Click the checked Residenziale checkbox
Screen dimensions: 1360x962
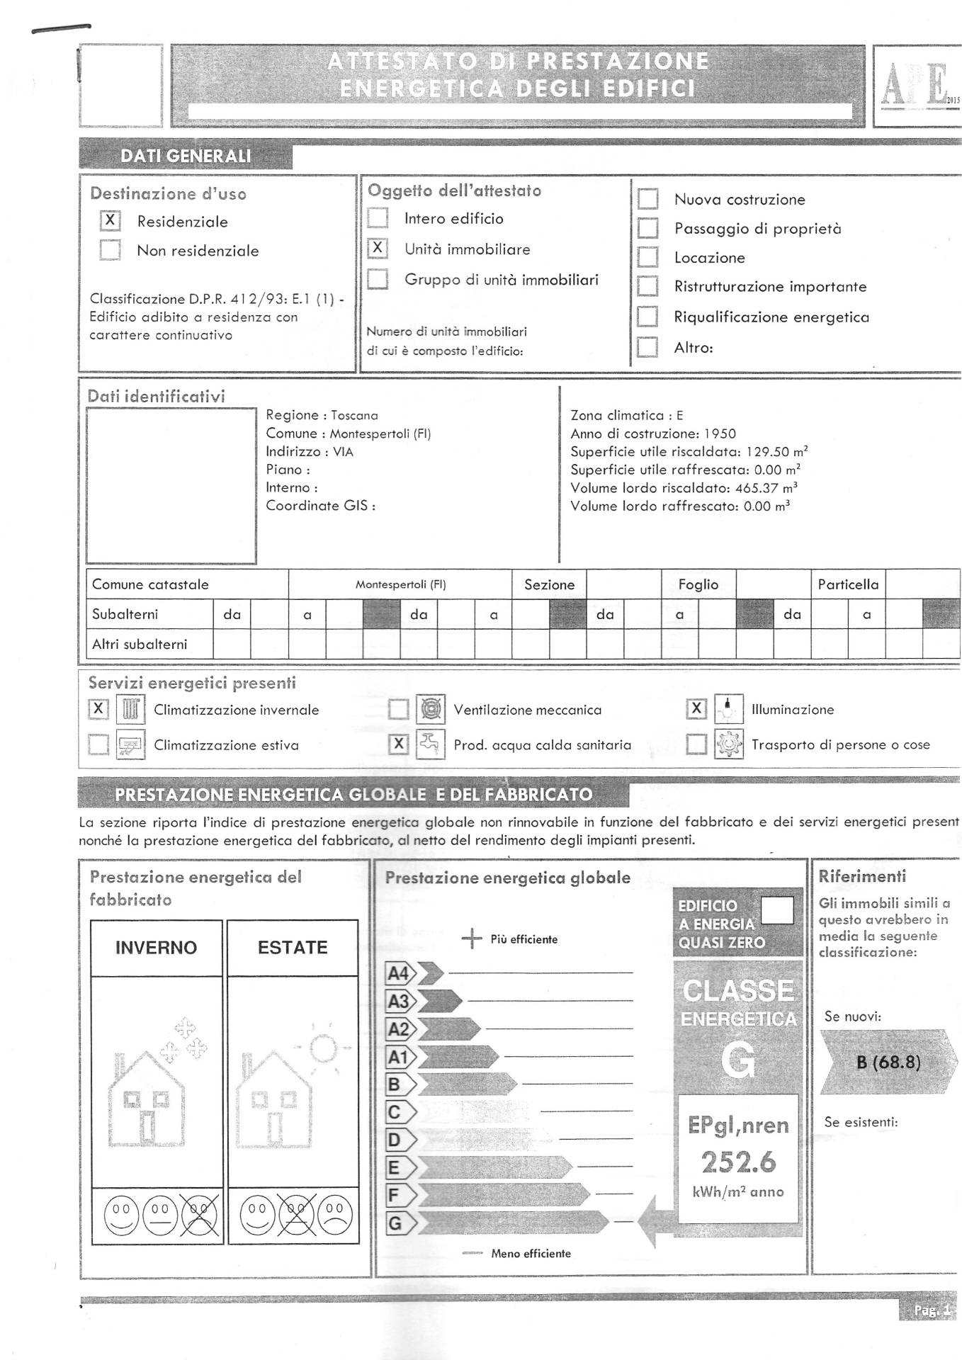click(110, 221)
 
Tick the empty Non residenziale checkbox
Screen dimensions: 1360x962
click(110, 250)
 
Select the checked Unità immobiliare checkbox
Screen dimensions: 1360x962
click(378, 249)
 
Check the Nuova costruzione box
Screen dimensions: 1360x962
click(647, 199)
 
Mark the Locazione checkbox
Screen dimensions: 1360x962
click(647, 257)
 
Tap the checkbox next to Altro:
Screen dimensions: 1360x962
click(647, 347)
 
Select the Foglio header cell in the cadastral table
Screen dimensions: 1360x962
click(698, 584)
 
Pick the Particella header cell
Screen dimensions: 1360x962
click(848, 584)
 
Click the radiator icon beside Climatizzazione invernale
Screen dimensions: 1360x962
click(130, 709)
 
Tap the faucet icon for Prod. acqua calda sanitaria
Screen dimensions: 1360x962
click(430, 744)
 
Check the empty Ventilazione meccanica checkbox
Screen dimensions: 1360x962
click(399, 709)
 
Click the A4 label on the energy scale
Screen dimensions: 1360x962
click(399, 973)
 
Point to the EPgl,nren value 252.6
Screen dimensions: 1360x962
click(738, 1162)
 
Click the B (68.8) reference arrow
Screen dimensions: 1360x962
click(888, 1062)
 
